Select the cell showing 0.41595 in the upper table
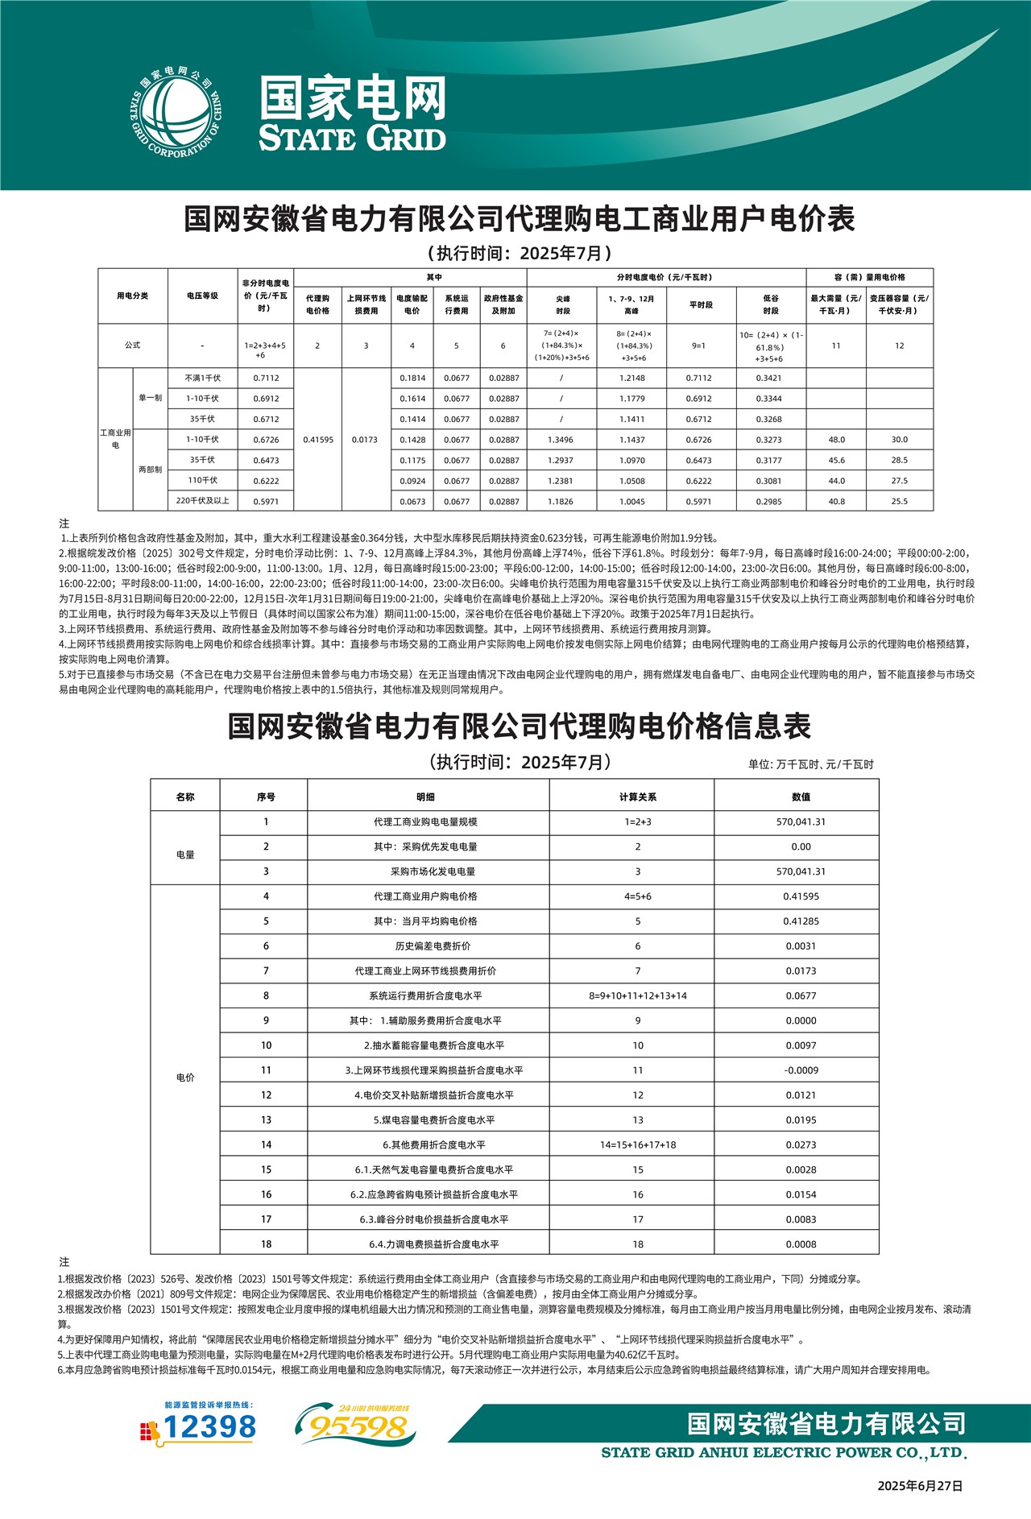point(318,440)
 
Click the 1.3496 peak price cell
point(561,440)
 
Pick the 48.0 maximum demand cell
point(836,440)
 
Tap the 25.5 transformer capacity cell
point(899,501)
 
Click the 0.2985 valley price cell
point(769,501)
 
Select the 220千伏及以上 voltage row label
point(202,501)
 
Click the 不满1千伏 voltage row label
point(202,378)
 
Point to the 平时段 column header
point(701,304)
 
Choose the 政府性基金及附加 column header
point(503,304)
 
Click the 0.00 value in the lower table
point(801,846)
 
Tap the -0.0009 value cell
point(801,1070)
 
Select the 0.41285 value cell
point(801,921)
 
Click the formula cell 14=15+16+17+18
point(638,1144)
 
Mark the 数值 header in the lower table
point(801,797)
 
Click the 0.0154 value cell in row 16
point(801,1194)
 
